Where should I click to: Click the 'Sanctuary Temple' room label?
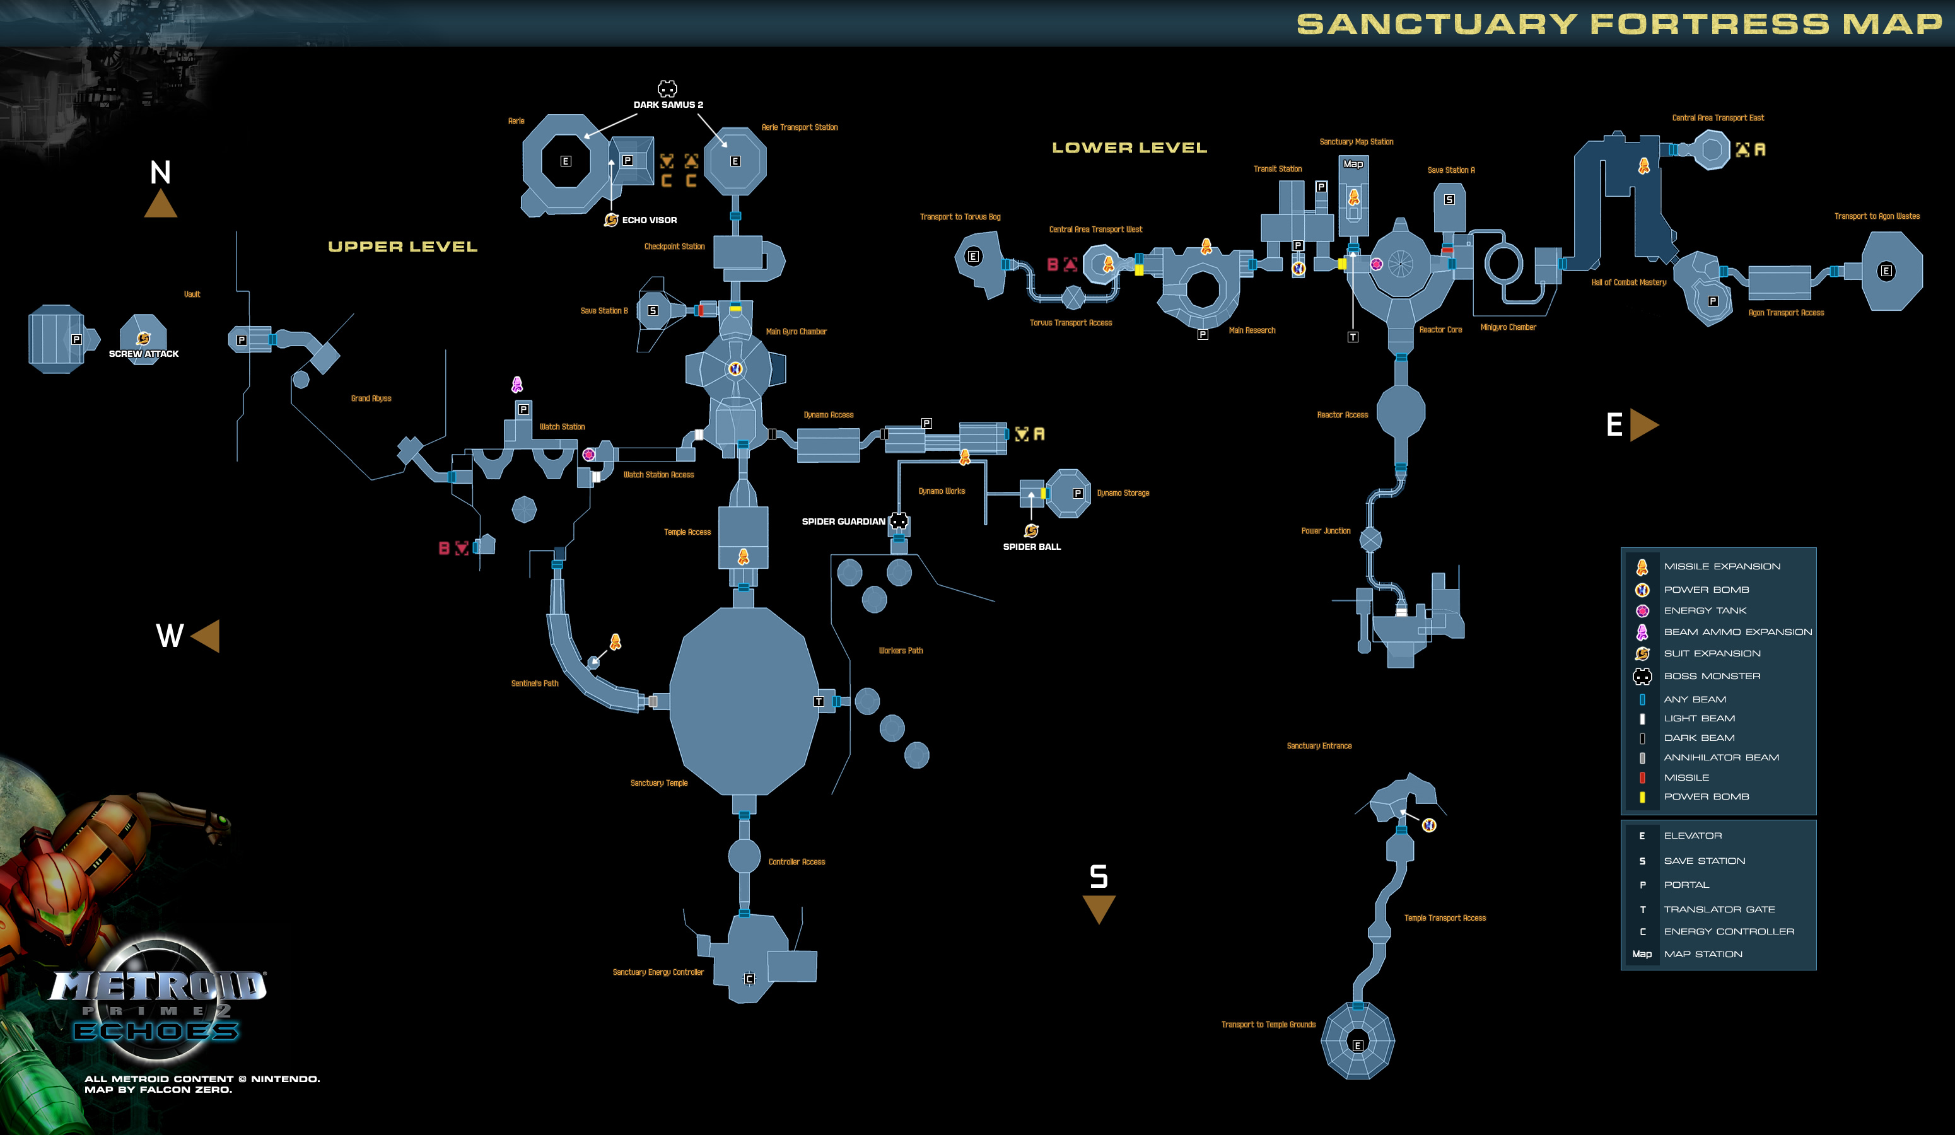point(658,783)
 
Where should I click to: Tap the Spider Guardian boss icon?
point(899,521)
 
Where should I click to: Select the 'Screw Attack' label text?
point(144,354)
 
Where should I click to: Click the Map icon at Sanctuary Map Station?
point(1353,164)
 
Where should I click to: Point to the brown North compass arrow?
point(161,204)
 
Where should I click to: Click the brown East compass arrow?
point(1644,425)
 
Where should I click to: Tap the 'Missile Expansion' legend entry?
point(1722,566)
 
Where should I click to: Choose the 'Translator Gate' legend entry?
point(1719,909)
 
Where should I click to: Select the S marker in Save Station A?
point(1449,199)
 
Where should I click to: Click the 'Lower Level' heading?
point(1129,148)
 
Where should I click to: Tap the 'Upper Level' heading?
point(402,247)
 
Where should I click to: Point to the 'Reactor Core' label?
point(1440,330)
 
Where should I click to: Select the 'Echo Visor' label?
point(650,220)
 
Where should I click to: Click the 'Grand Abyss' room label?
point(371,399)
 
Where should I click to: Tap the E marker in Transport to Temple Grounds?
point(1358,1045)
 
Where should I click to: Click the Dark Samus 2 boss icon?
point(667,88)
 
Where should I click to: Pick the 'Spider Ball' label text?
point(1032,547)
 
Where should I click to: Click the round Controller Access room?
point(744,856)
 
